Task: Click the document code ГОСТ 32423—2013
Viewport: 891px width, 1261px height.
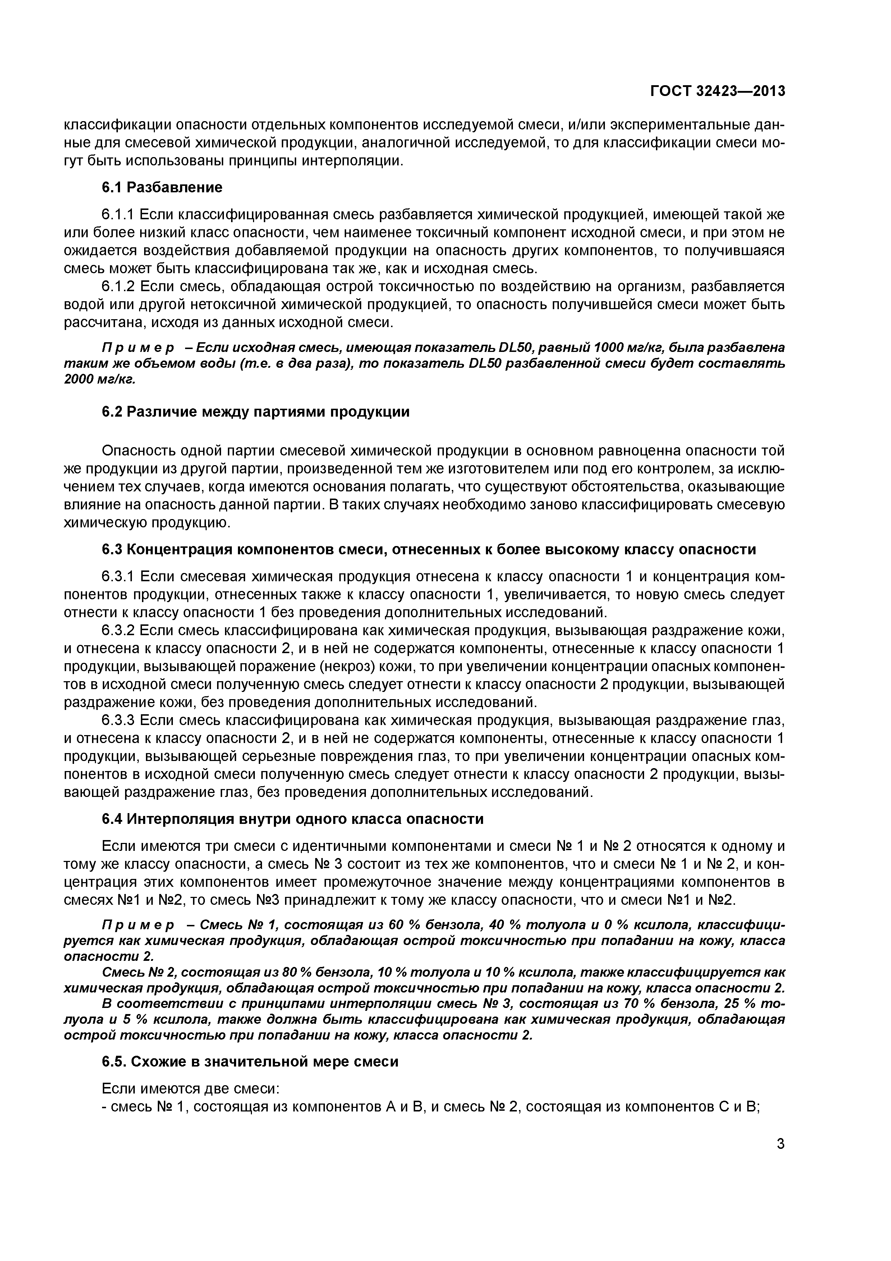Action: (x=717, y=91)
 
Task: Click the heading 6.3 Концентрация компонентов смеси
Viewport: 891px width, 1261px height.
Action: (x=428, y=549)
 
